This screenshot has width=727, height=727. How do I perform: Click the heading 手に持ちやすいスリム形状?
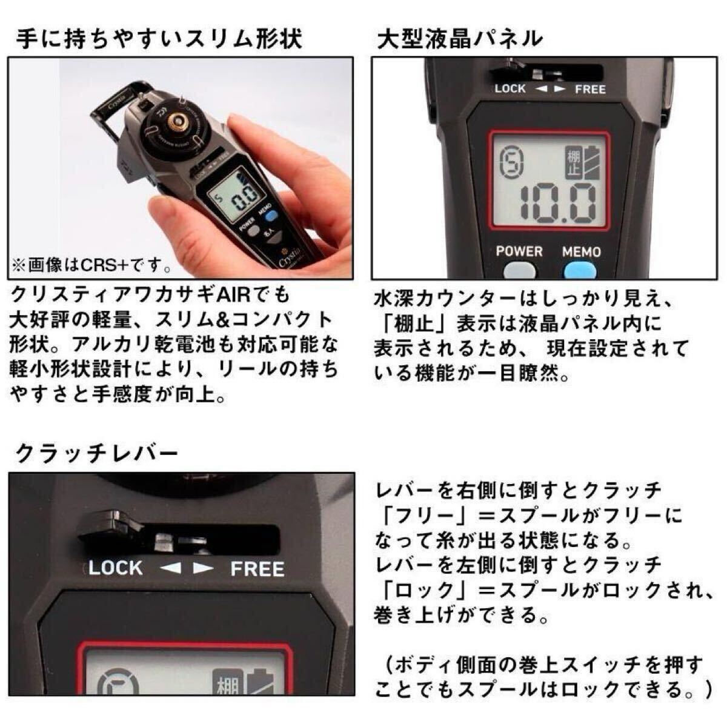click(159, 39)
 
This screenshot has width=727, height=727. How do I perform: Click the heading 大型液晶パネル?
click(459, 39)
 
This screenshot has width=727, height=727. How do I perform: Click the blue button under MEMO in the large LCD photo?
click(580, 270)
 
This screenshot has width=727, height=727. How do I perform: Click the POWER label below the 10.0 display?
click(519, 251)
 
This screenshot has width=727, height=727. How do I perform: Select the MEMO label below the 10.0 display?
click(582, 251)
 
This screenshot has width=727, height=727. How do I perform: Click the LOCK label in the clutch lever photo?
click(116, 568)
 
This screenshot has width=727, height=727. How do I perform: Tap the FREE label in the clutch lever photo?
click(257, 569)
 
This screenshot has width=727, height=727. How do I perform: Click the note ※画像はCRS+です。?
click(91, 265)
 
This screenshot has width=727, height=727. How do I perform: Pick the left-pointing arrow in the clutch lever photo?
click(171, 568)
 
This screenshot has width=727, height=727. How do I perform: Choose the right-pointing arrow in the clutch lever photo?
click(203, 568)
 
